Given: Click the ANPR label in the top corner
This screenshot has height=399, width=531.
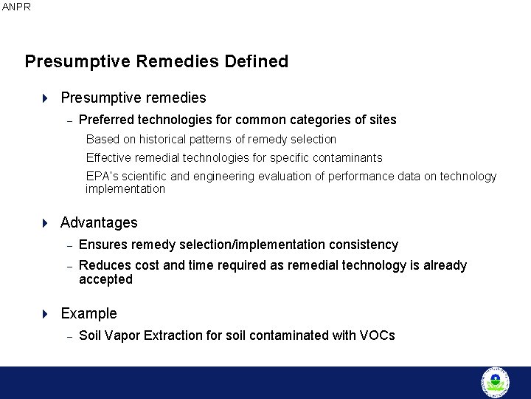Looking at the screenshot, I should [x=16, y=7].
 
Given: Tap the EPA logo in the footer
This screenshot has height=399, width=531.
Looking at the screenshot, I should [x=495, y=382].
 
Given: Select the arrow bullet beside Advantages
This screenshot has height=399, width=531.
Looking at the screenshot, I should [x=44, y=223].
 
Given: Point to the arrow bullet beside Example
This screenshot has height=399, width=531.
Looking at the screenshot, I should [x=44, y=314].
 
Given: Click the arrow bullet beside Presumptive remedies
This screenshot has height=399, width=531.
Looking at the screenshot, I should [x=44, y=98].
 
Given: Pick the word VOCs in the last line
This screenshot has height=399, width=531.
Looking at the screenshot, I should [x=377, y=335].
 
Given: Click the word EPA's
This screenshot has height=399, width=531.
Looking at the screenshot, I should [x=103, y=177].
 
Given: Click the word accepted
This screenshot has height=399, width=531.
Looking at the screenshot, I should [x=105, y=279].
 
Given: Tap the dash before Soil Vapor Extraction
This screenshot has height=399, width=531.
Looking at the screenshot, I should [x=68, y=336].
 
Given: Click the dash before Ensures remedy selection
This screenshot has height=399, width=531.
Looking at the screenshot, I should [x=68, y=245].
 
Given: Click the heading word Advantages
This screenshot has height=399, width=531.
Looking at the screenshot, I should [x=99, y=222].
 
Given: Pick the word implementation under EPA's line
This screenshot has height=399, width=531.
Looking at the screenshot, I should [x=125, y=189].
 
